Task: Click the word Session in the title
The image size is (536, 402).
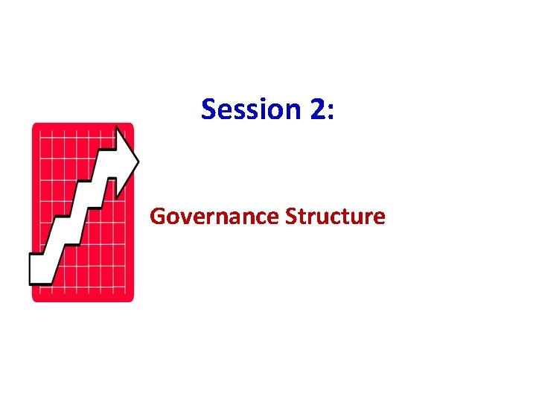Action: tap(250, 109)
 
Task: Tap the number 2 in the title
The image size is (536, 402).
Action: tap(316, 109)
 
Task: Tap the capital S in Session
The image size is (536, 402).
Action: tap(209, 109)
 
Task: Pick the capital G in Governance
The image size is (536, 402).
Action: tap(156, 217)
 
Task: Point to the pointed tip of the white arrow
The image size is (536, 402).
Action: tap(138, 159)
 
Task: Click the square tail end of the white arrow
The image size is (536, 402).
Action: tap(39, 269)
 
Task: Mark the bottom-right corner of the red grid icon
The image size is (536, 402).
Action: tap(132, 299)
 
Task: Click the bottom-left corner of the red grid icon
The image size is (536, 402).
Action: tap(33, 299)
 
